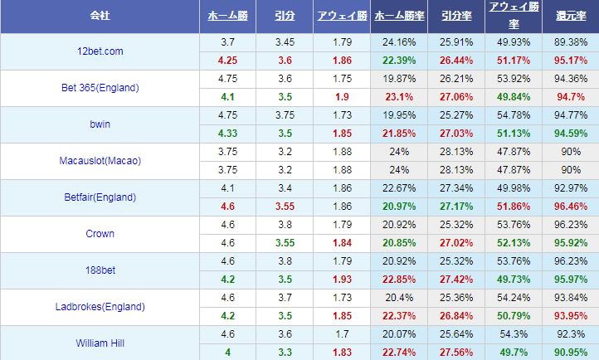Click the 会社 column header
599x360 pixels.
pyautogui.click(x=100, y=17)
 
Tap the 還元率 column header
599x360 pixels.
pyautogui.click(x=571, y=17)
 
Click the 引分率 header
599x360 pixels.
pyautogui.click(x=453, y=17)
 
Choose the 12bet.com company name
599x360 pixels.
pyautogui.click(x=100, y=51)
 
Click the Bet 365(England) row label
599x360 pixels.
pyautogui.click(x=100, y=88)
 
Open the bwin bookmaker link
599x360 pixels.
pyautogui.click(x=100, y=124)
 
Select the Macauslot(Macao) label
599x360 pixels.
pyautogui.click(x=100, y=161)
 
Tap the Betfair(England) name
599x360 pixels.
pyautogui.click(x=100, y=197)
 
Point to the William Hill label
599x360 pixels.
pyautogui.click(x=100, y=342)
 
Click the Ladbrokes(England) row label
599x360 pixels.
pyautogui.click(x=100, y=306)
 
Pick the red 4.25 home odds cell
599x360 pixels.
pyautogui.click(x=229, y=61)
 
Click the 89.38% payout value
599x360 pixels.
pyautogui.click(x=571, y=42)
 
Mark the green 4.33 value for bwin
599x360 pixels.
pyautogui.click(x=229, y=134)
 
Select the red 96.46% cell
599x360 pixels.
pyautogui.click(x=571, y=206)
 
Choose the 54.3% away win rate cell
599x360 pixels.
pyautogui.click(x=511, y=333)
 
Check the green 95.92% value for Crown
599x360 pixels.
pyautogui.click(x=571, y=242)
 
